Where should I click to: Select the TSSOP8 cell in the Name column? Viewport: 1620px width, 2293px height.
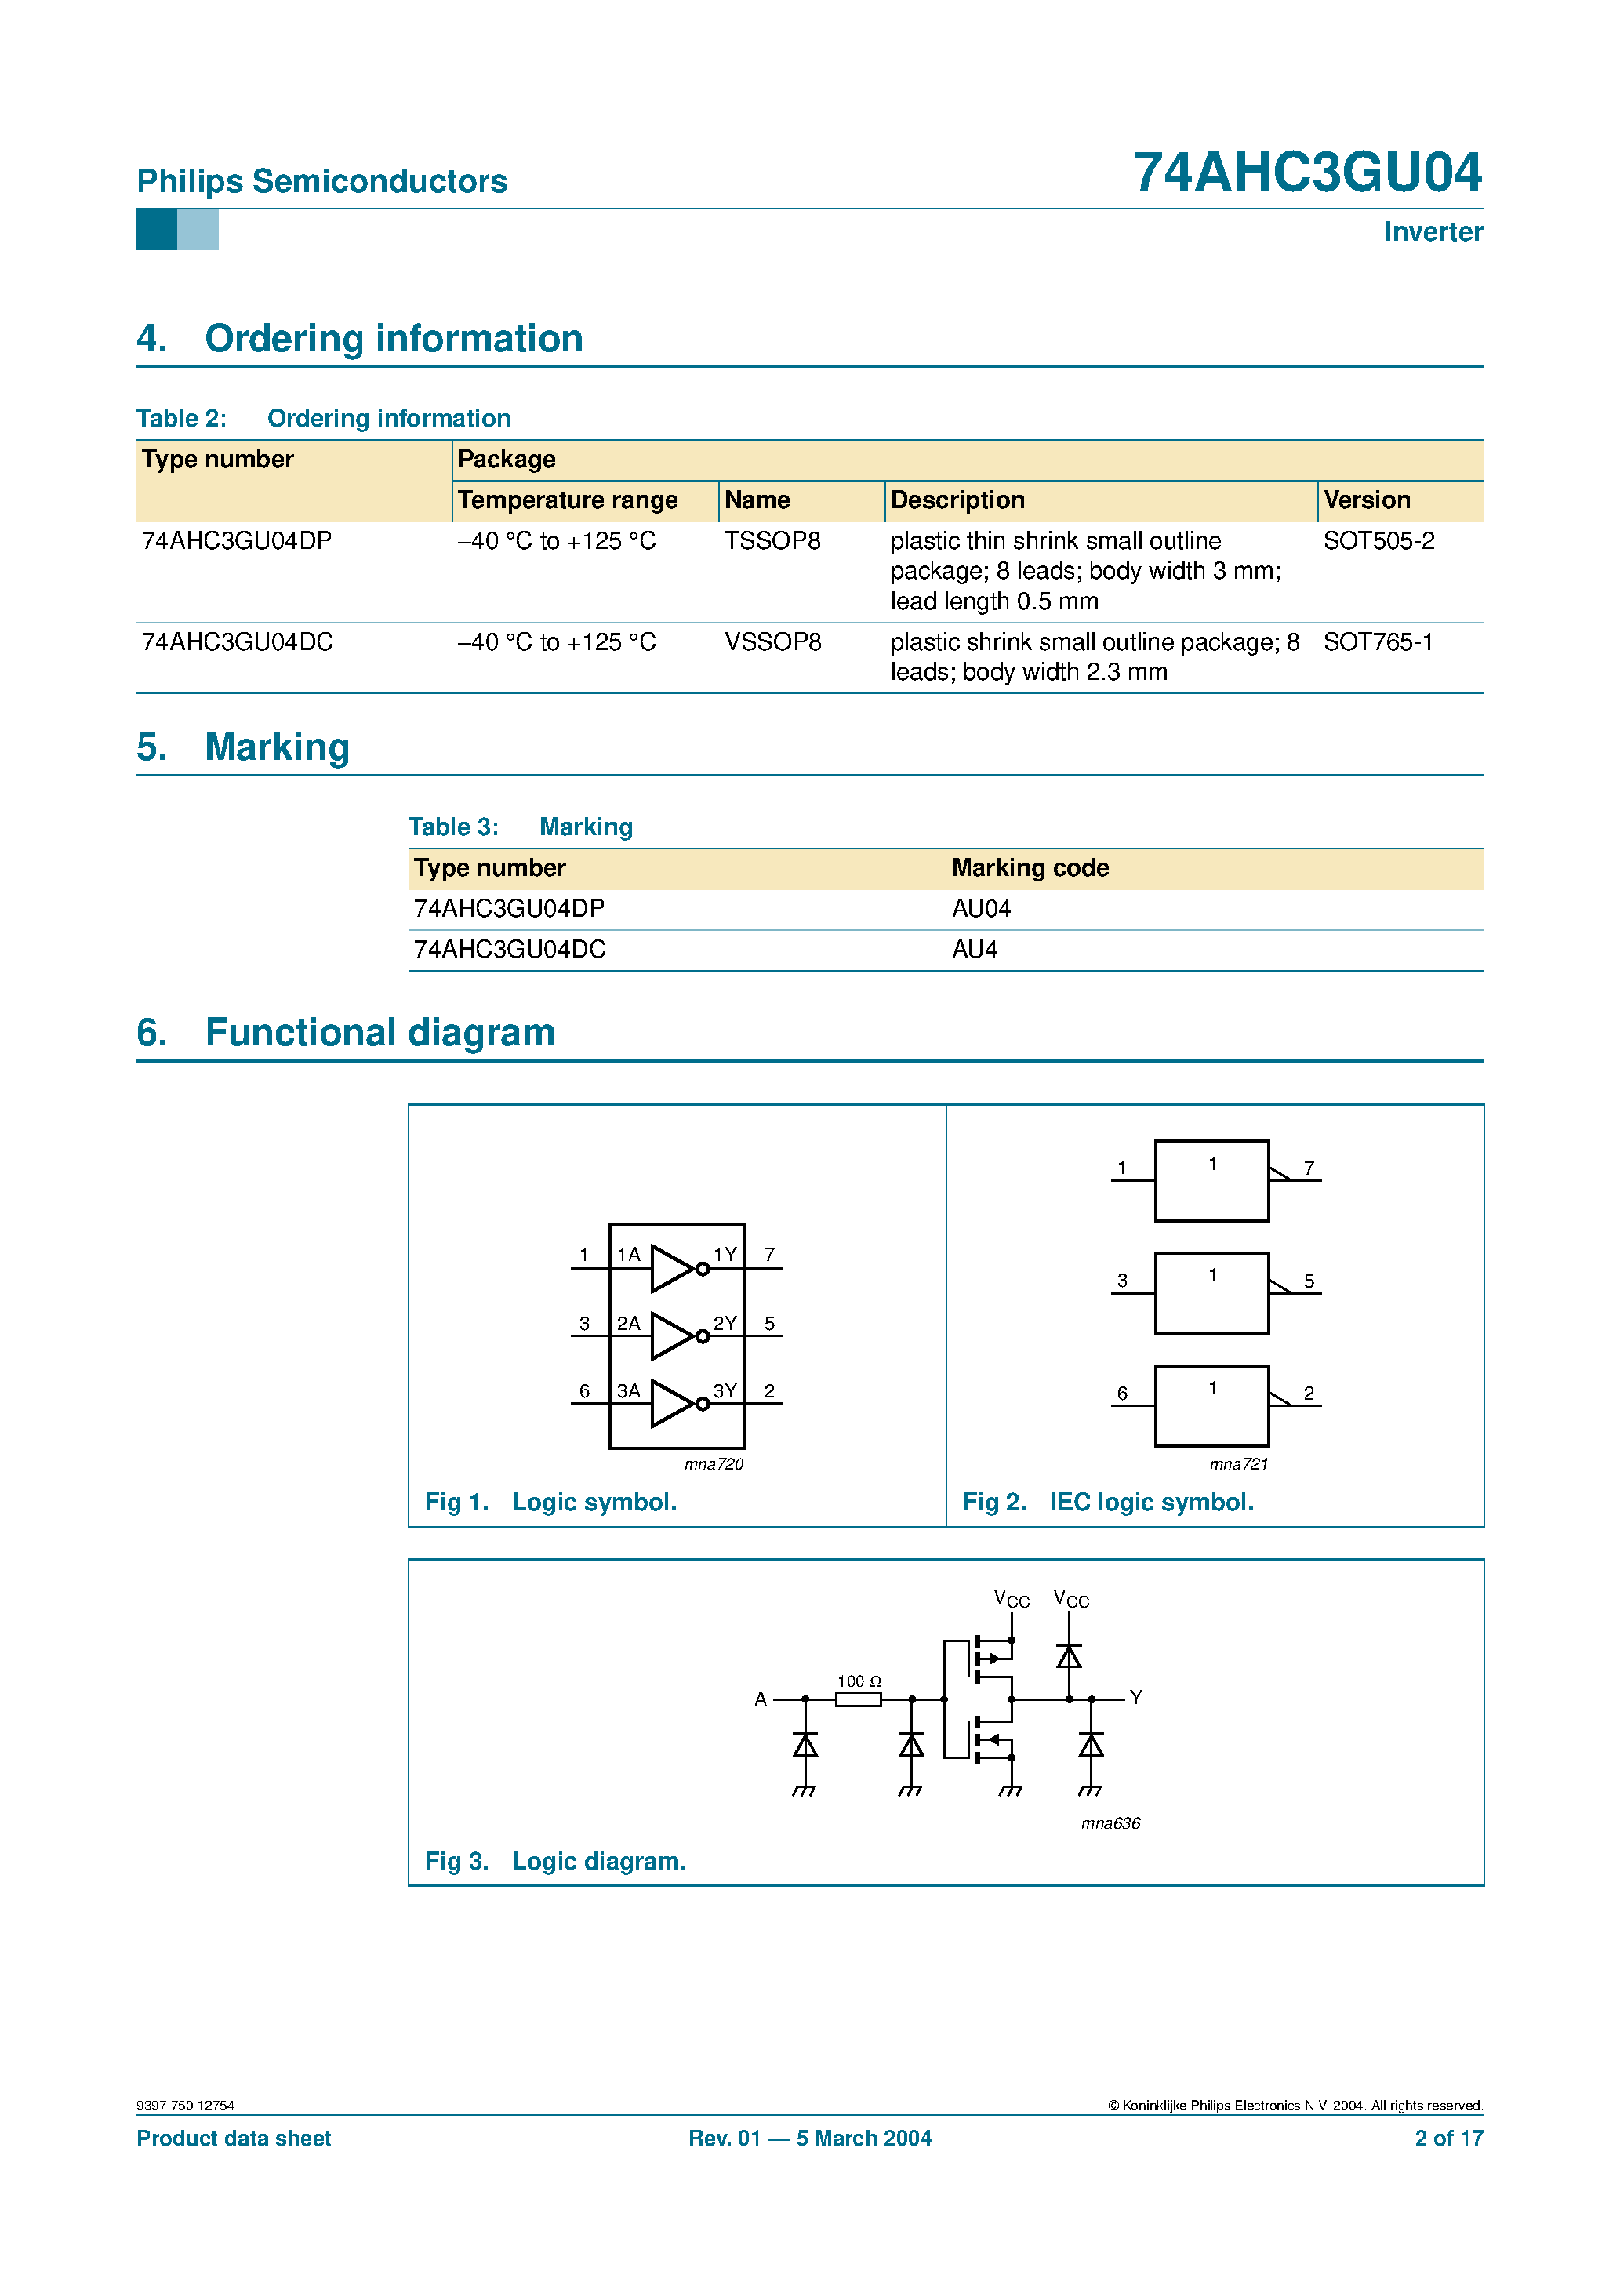coord(772,540)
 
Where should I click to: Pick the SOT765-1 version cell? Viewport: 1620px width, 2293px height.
coord(1377,641)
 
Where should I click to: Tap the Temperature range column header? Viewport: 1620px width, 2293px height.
coord(567,500)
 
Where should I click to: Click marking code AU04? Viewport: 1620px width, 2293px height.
coord(981,908)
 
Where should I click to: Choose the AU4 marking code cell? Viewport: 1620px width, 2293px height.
coord(974,949)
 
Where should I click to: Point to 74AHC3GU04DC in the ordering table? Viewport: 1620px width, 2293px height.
coord(238,641)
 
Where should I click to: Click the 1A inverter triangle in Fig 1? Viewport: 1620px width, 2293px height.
coord(671,1268)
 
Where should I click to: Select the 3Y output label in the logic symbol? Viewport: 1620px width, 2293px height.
coord(724,1390)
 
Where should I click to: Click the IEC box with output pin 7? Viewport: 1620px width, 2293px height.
coord(1211,1180)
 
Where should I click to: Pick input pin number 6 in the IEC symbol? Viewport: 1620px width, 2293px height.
coord(1121,1394)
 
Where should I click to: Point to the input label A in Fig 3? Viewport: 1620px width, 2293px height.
coord(760,1699)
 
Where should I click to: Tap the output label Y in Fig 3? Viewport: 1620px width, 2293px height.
coord(1135,1697)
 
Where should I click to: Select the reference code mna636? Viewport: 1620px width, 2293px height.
coord(1110,1822)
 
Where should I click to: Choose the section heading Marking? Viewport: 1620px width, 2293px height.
coord(277,747)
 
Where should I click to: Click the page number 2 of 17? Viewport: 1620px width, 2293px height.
coord(1448,2139)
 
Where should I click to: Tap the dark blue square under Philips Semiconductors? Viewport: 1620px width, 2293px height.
coord(157,230)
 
